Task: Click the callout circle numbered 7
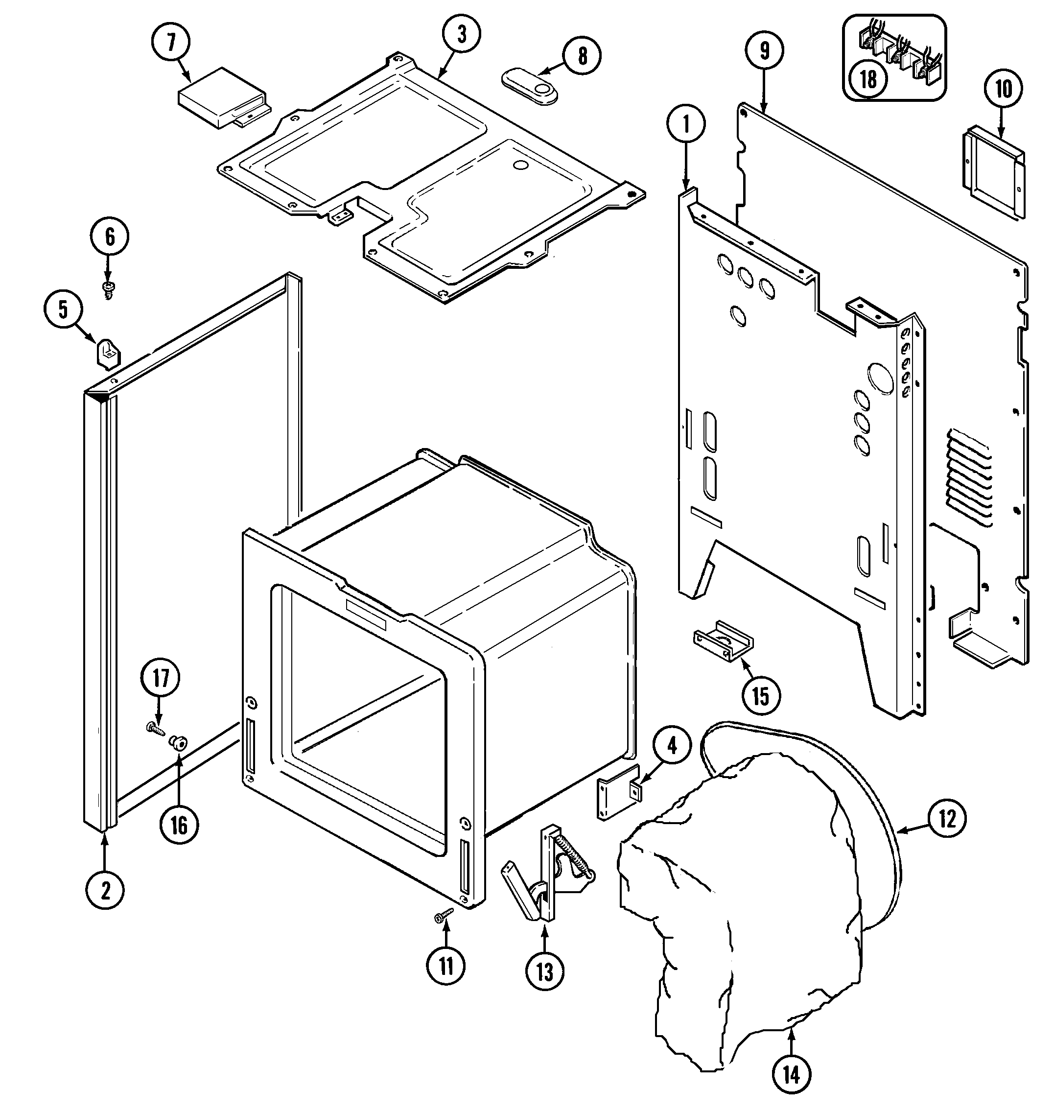171,42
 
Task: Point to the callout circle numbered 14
791,1075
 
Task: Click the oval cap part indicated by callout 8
530,86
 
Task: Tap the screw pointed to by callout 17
156,729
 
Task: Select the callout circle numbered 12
947,818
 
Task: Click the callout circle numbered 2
105,889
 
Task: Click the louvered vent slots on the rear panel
969,477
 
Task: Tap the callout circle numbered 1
686,125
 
